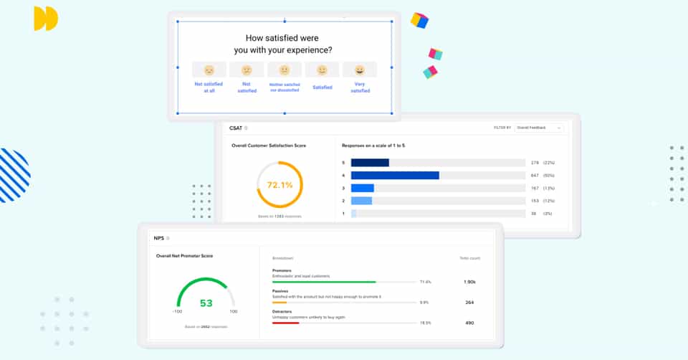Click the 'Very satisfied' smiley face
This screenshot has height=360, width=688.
coord(360,70)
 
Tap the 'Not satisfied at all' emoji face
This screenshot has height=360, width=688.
coord(209,70)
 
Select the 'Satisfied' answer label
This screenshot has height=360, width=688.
coord(322,87)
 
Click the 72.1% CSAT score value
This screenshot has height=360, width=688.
coord(280,184)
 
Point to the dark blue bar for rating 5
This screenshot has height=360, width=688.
coord(370,163)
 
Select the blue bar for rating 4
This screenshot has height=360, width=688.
coord(395,176)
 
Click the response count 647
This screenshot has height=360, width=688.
coord(535,176)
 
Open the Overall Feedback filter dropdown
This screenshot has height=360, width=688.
coord(539,128)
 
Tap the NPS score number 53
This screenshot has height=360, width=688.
coord(206,303)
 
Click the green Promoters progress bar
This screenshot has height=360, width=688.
coord(324,282)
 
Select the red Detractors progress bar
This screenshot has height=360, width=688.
coord(285,323)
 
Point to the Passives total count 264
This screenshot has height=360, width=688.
coord(469,302)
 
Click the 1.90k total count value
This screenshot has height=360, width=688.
coord(469,282)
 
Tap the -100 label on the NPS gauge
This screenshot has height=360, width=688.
coord(177,312)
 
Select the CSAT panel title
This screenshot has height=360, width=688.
coord(236,128)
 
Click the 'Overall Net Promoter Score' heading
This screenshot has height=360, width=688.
coord(184,255)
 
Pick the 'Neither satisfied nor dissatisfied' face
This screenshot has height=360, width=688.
coord(285,70)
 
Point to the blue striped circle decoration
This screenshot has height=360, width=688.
coord(14,175)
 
